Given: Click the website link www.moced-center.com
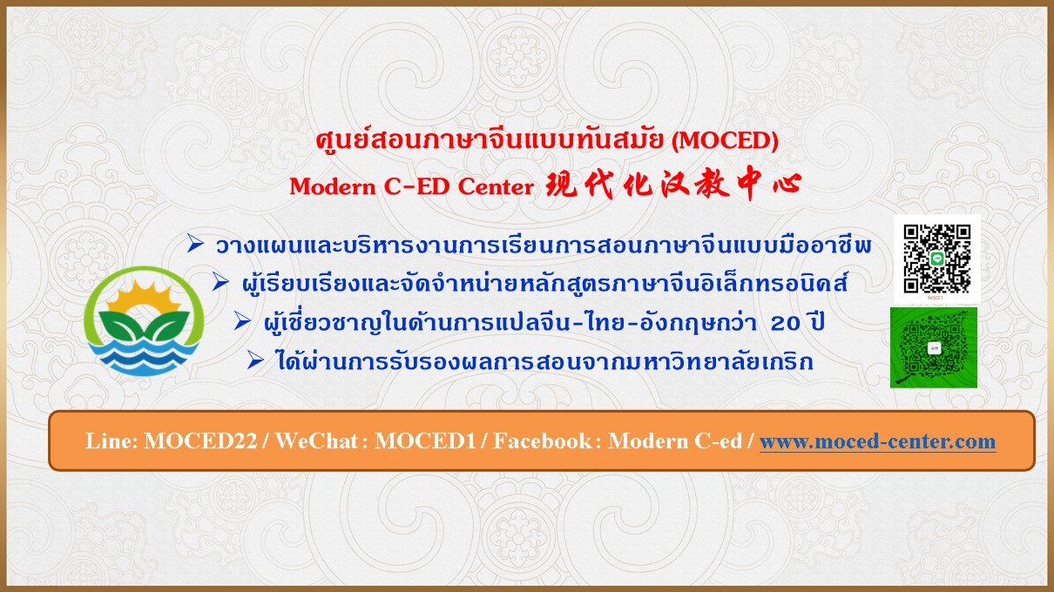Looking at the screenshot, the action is click(x=877, y=441).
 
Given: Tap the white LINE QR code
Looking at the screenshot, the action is click(x=936, y=259).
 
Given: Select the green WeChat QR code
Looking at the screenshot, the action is click(x=934, y=348).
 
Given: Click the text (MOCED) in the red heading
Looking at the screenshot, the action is click(x=725, y=140).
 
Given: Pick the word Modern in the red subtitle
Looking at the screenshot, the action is click(x=333, y=186).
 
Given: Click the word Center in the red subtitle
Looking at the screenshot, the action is click(x=496, y=186).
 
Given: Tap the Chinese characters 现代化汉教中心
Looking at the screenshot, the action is click(x=673, y=185).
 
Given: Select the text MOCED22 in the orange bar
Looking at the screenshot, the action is click(x=201, y=441).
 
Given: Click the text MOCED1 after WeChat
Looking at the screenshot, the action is click(x=425, y=441).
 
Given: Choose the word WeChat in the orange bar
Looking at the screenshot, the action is click(x=317, y=441).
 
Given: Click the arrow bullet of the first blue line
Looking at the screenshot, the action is click(x=195, y=243).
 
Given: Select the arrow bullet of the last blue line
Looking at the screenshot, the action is click(x=255, y=360).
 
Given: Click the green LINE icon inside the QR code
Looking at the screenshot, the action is click(x=937, y=259).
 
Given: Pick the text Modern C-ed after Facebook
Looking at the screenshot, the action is click(x=675, y=441).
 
